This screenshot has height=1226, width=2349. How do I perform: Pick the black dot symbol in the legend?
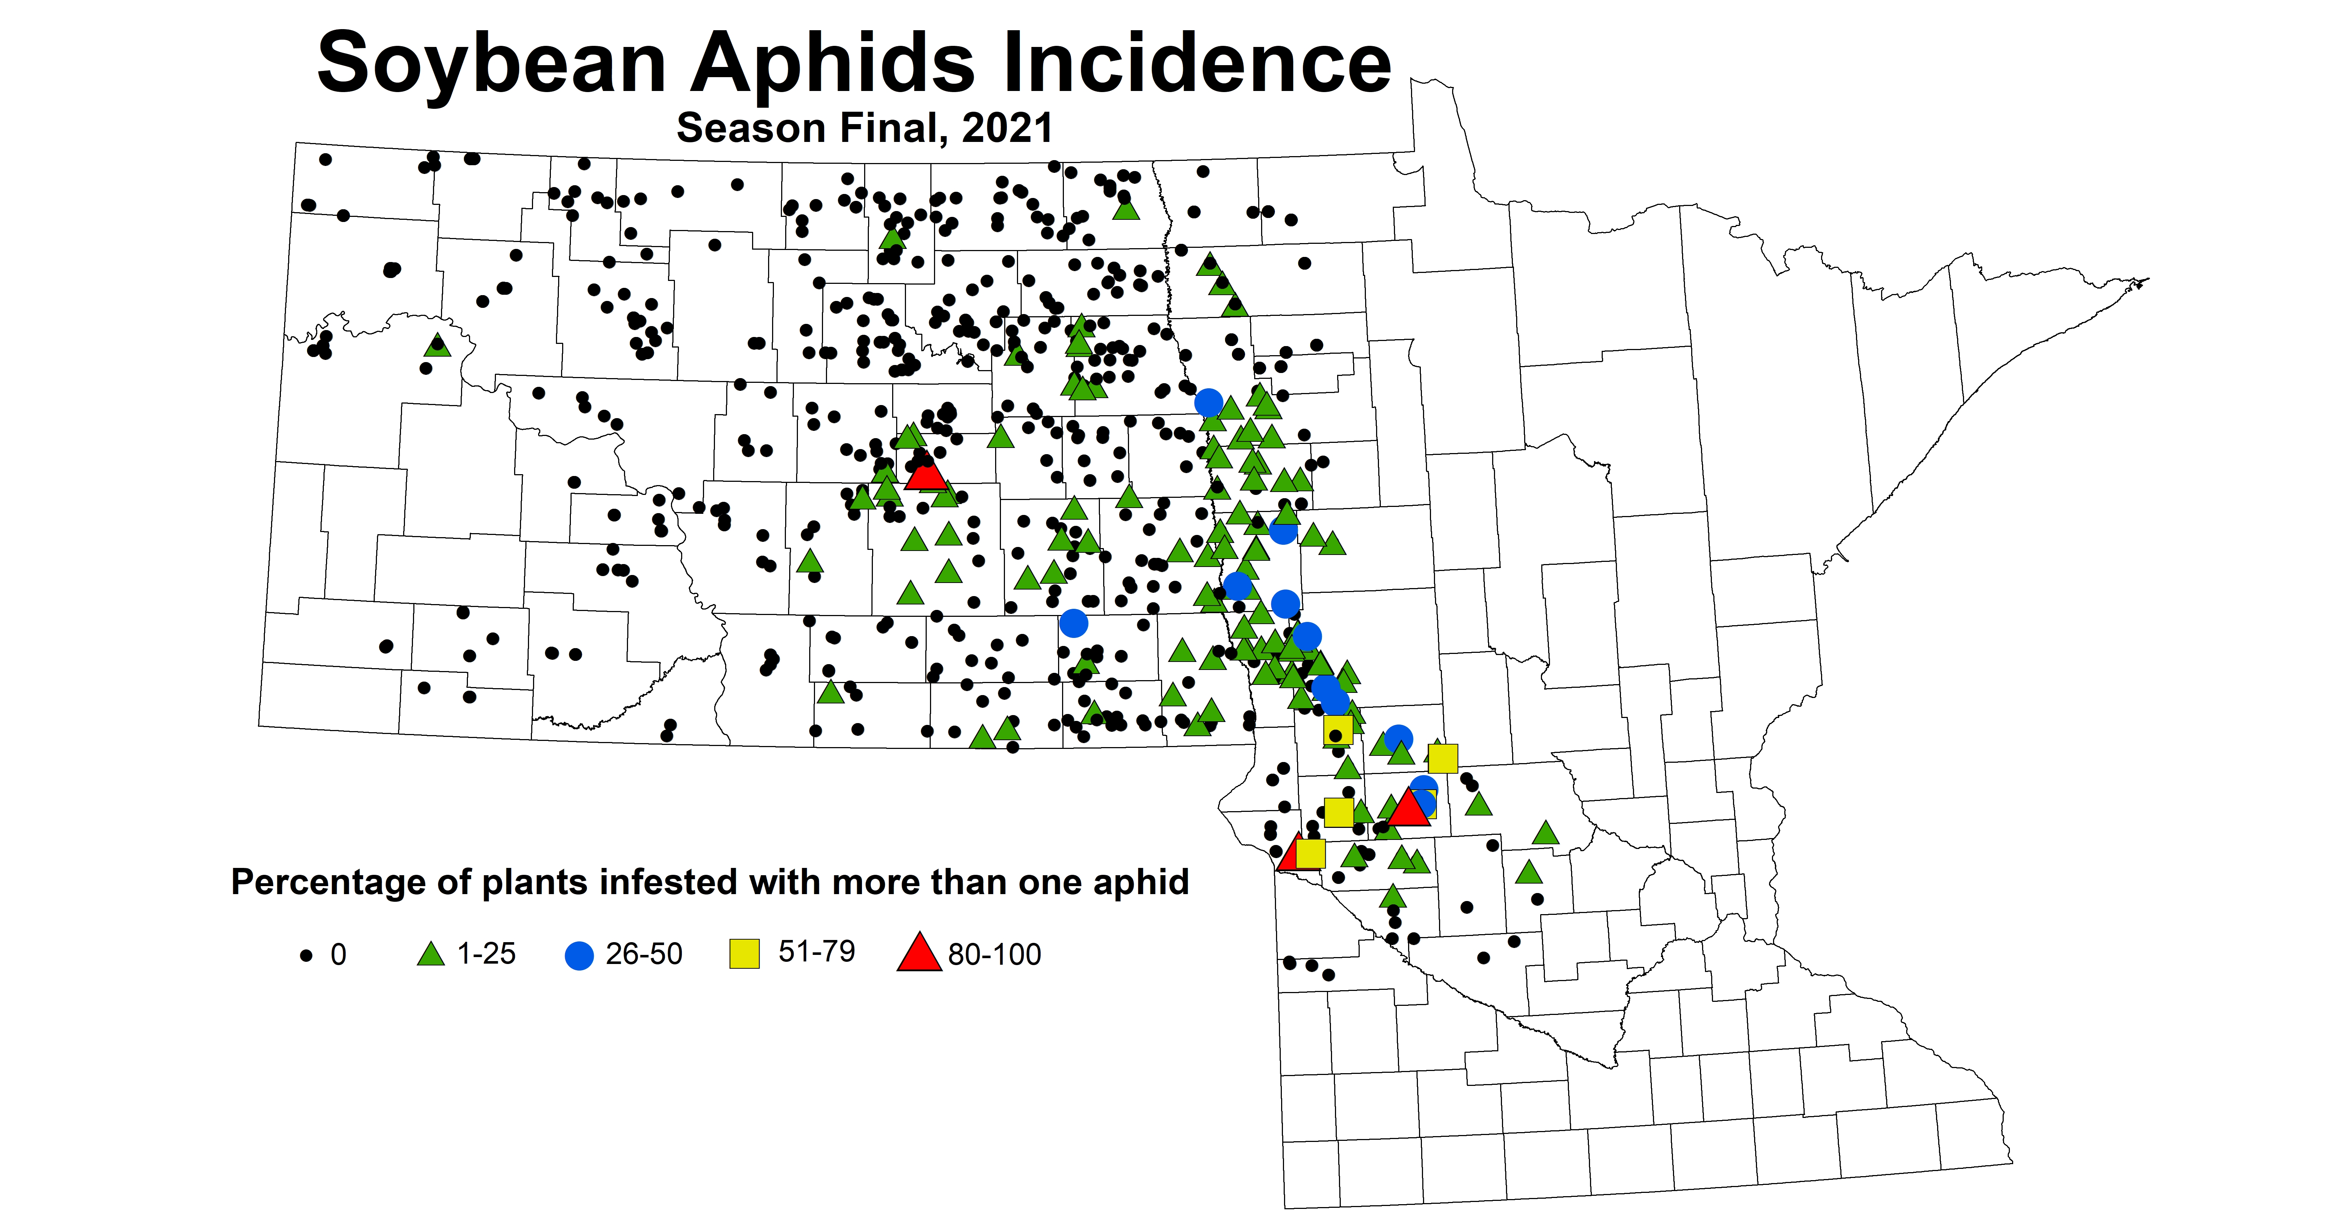pyautogui.click(x=306, y=955)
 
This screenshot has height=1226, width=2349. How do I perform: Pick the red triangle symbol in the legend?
pyautogui.click(x=919, y=953)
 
